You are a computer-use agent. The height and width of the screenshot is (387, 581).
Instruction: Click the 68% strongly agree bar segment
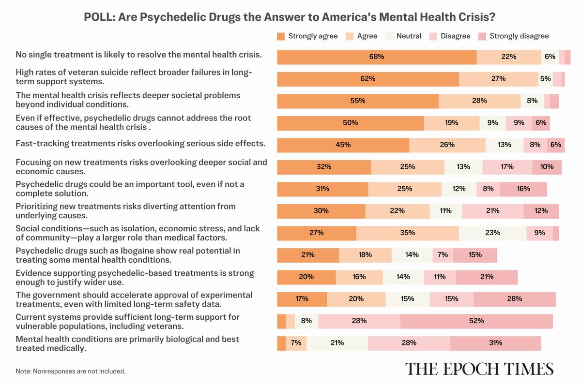pos(377,57)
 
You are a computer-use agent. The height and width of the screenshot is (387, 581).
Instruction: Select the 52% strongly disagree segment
pos(476,321)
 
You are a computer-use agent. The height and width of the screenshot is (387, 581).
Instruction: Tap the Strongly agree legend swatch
pos(281,36)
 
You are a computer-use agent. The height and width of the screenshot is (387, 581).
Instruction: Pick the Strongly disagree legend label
pos(519,36)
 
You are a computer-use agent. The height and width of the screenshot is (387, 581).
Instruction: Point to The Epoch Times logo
pos(479,368)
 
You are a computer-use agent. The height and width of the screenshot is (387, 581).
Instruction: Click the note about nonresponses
pos(71,372)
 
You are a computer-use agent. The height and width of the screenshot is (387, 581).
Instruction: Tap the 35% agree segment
pos(407,233)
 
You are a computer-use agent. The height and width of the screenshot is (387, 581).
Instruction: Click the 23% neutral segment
pos(492,233)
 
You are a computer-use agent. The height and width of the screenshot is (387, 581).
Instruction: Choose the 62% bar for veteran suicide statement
pos(368,79)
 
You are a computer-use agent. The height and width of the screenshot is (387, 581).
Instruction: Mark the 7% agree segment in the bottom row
pos(296,343)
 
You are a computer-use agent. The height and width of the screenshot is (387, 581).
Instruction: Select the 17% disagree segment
pos(507,167)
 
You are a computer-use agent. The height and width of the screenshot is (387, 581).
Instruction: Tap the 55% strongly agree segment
pos(358,101)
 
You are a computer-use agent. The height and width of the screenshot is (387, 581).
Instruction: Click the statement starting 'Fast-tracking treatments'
pos(141,144)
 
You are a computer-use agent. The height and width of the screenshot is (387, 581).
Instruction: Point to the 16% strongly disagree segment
pos(523,189)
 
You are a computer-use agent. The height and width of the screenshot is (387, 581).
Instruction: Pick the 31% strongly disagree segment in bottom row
pos(495,343)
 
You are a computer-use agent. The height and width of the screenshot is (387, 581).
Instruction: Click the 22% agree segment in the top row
pos(508,57)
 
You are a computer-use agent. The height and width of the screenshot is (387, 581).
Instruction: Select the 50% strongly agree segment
pos(350,123)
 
